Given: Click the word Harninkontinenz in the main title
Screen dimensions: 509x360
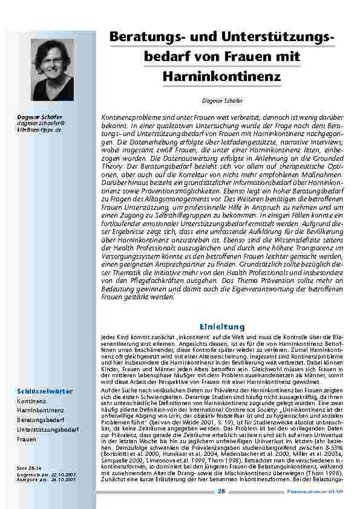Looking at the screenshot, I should [222, 77].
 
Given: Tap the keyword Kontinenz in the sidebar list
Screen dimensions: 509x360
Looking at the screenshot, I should [30, 401].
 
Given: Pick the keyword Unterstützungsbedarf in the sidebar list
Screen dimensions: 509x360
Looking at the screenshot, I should [48, 429].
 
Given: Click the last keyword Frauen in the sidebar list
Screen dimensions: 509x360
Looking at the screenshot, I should [27, 439].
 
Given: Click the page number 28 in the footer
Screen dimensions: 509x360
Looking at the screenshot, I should [222, 491].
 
